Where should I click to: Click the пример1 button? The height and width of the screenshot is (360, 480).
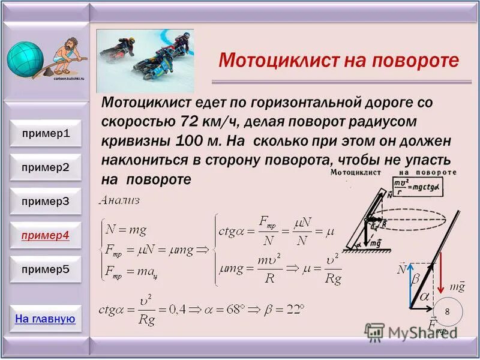click(x=46, y=133)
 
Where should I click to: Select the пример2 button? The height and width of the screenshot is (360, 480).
click(x=46, y=167)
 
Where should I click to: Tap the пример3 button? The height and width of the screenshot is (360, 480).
click(x=46, y=202)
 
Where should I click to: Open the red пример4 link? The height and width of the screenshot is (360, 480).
click(x=46, y=235)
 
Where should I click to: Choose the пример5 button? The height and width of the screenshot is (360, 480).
click(x=46, y=269)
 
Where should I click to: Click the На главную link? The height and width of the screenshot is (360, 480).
click(x=46, y=319)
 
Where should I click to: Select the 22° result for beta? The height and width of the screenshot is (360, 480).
click(x=292, y=311)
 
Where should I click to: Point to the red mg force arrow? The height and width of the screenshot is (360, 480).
click(x=442, y=273)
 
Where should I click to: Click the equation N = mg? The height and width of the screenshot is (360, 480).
click(x=127, y=229)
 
